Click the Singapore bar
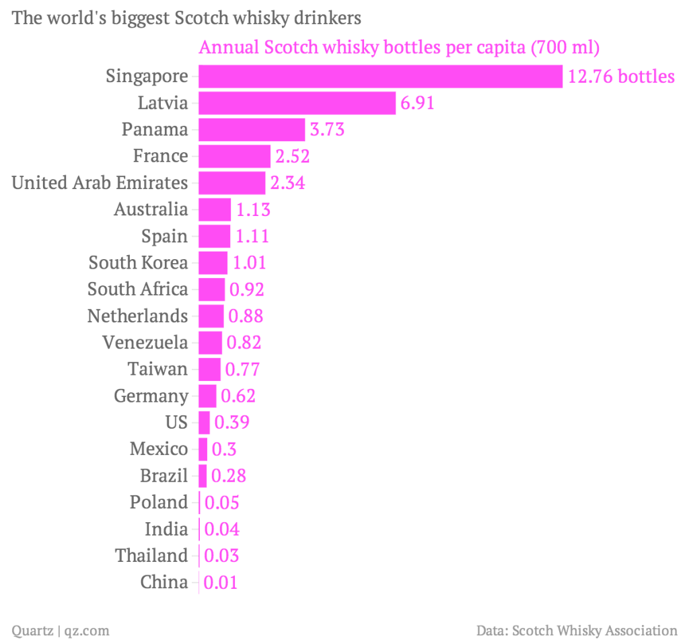[380, 76]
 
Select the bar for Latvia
[297, 103]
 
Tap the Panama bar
[252, 129]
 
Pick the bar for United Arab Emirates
[232, 182]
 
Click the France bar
[234, 156]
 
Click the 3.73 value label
[327, 129]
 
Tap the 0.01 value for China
[221, 582]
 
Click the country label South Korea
[139, 262]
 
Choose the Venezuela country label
[145, 343]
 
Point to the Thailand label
[151, 556]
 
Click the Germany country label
[151, 396]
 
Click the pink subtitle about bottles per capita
[399, 48]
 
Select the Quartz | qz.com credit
[61, 631]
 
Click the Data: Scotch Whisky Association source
[577, 631]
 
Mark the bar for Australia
[215, 209]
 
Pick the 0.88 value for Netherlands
[246, 316]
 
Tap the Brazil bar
[203, 476]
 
